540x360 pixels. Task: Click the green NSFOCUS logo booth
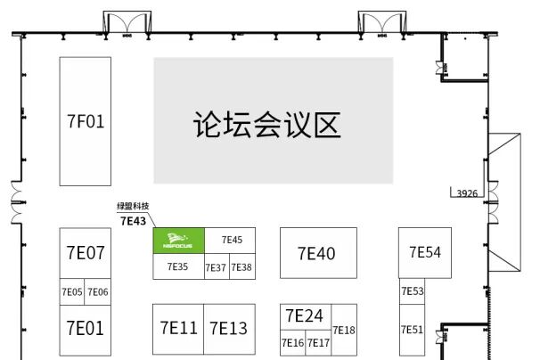178,240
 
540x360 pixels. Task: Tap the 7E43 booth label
132,221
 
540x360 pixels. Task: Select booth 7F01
86,121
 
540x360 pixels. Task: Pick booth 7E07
86,253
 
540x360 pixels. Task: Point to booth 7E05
72,292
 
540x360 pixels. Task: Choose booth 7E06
98,292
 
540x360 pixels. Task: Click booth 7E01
86,327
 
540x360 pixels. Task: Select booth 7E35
177,266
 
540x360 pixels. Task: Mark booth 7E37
216,267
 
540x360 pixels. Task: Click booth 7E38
241,267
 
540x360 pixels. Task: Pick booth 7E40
317,254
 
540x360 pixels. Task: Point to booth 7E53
413,291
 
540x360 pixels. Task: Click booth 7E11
178,328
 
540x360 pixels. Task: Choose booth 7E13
229,328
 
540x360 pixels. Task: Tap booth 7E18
344,331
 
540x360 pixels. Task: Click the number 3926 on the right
468,192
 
